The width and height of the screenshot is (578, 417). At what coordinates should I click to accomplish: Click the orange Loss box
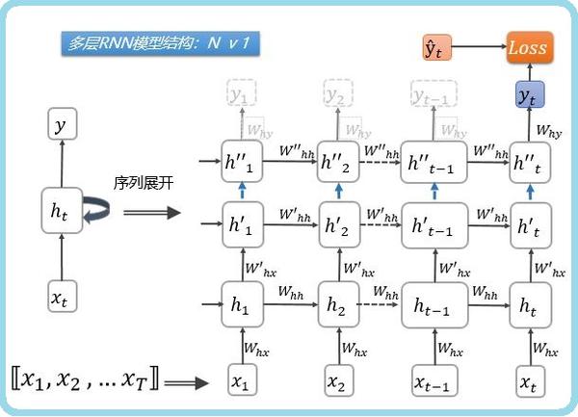pyautogui.click(x=527, y=46)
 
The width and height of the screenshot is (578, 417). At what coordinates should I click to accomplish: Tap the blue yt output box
pyautogui.click(x=527, y=94)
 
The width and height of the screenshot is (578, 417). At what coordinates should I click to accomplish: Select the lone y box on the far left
pyautogui.click(x=62, y=125)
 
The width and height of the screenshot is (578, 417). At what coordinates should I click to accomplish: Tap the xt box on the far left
pyautogui.click(x=62, y=298)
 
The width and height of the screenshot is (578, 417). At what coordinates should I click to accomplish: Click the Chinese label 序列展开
pyautogui.click(x=144, y=182)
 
